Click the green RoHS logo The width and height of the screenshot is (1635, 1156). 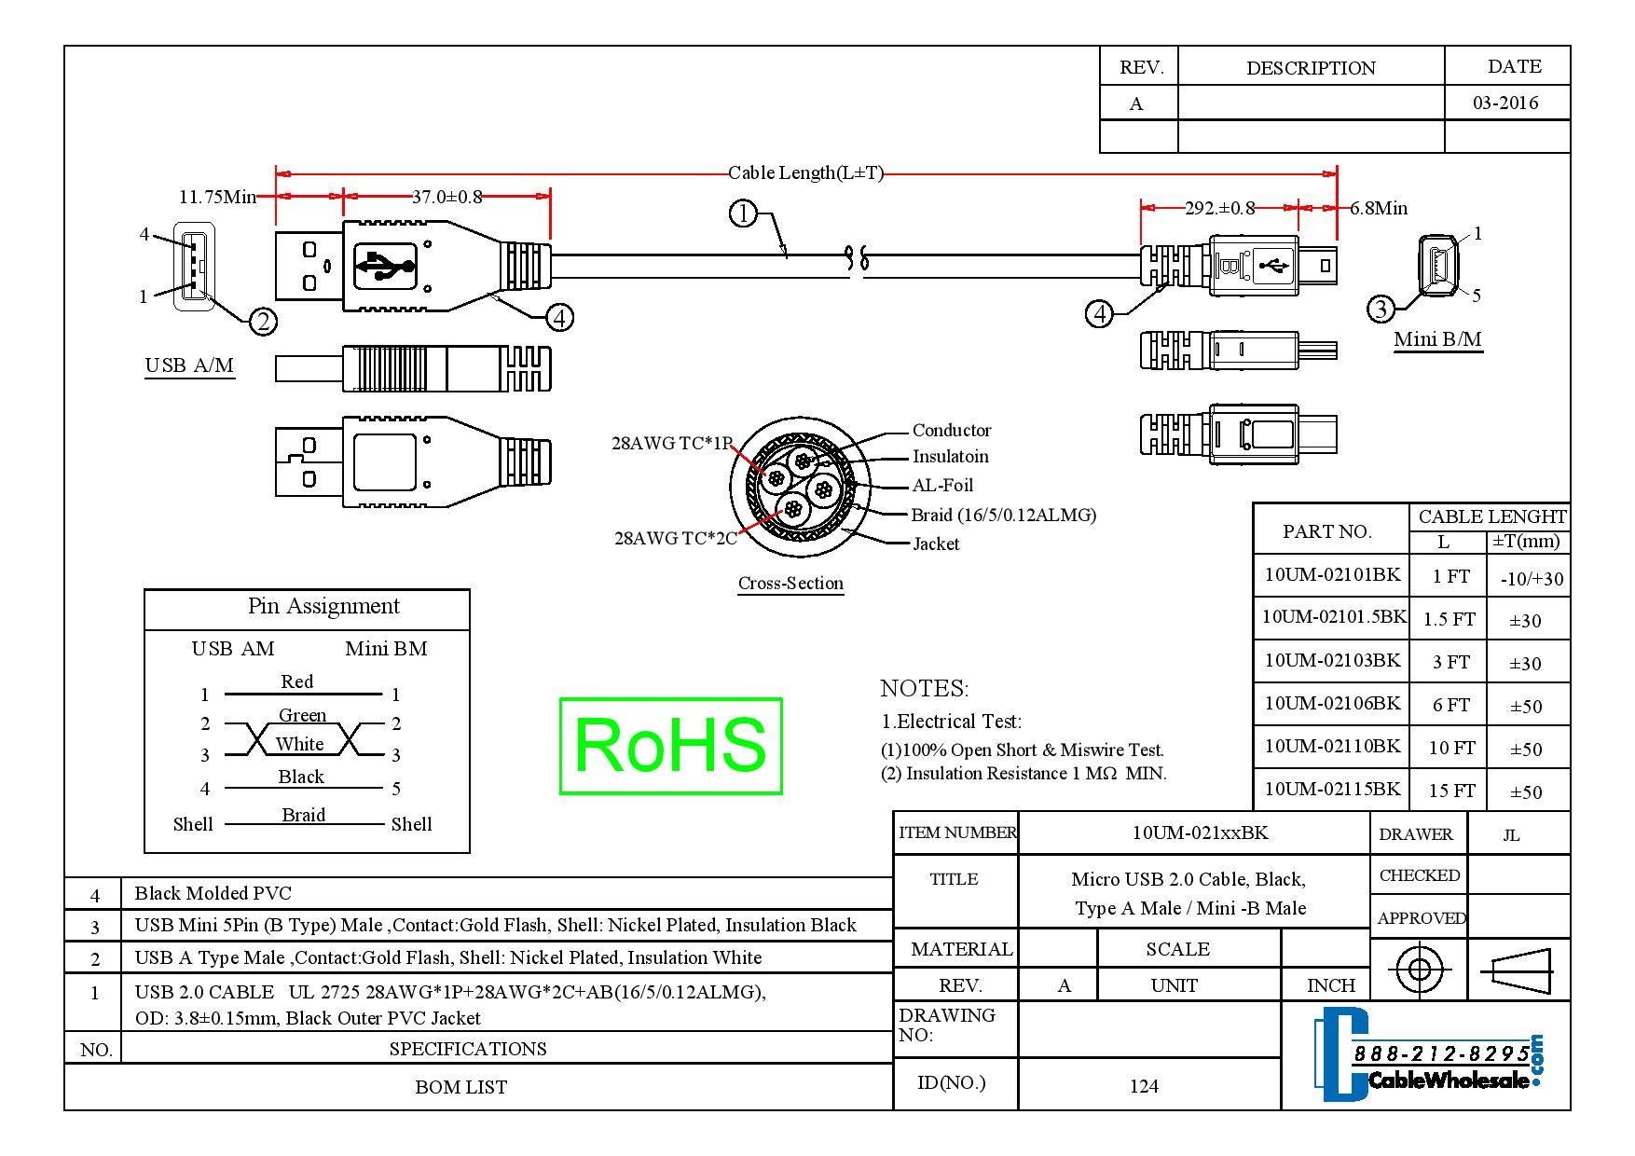point(670,746)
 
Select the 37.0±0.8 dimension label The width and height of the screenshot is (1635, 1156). point(447,197)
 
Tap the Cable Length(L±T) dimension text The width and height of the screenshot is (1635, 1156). point(805,172)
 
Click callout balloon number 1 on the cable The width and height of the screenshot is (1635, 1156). point(742,214)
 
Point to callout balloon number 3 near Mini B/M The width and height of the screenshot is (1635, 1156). point(1381,309)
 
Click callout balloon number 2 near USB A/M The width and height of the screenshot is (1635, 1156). point(263,322)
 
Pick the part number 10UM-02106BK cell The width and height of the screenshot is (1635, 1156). point(1332,704)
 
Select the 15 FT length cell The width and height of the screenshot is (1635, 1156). point(1451,791)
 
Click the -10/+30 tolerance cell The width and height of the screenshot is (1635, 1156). point(1532,579)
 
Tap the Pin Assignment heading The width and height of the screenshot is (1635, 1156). point(323,607)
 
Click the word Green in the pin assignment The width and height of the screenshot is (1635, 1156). point(303,716)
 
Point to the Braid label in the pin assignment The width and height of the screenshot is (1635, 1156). point(304,816)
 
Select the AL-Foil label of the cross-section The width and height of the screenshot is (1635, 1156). point(942,486)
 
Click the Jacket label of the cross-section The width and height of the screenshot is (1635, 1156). point(936,544)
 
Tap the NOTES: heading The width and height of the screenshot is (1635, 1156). point(925,689)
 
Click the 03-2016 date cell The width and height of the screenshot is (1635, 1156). point(1505,103)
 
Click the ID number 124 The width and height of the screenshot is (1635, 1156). point(1144,1086)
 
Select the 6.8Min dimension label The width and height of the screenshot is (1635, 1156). point(1379,209)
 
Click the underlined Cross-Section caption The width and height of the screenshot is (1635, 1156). point(790,584)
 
